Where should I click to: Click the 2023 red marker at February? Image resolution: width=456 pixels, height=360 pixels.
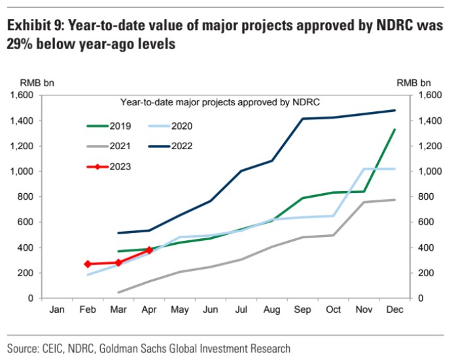[x=88, y=264]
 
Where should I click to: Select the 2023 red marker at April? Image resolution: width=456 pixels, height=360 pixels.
[x=149, y=250]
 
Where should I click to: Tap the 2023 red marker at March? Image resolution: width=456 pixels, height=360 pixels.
[x=118, y=262]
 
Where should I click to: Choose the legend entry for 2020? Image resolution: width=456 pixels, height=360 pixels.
[x=181, y=126]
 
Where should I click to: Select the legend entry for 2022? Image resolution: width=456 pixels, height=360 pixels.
[x=181, y=146]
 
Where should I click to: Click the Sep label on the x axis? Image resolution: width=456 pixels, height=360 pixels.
[x=303, y=309]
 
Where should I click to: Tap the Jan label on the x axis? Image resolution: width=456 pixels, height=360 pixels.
[x=57, y=309]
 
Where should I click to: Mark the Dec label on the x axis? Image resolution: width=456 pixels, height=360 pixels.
[x=395, y=309]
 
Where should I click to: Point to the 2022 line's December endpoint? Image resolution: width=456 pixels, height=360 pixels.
[x=395, y=110]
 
